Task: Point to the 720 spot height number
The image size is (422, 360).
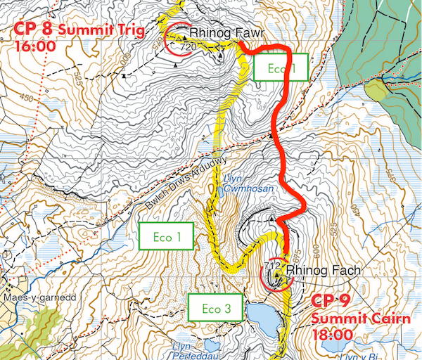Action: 188,47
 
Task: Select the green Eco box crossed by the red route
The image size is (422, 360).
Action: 278,68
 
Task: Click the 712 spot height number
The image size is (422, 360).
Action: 273,266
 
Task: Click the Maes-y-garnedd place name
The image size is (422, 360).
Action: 34,296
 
